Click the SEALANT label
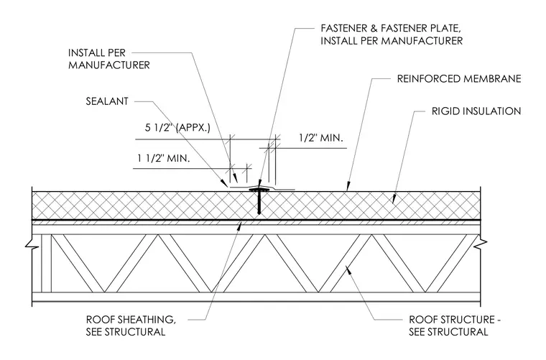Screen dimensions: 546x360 (x=107, y=101)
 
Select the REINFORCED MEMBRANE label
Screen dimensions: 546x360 (x=459, y=79)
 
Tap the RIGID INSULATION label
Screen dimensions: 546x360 (x=476, y=111)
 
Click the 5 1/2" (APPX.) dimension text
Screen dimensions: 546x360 (x=177, y=127)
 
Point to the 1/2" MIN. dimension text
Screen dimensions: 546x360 (x=320, y=138)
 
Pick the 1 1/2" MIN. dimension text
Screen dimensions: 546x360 (x=163, y=158)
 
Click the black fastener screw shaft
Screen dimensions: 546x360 (x=259, y=203)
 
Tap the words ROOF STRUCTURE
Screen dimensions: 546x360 (x=452, y=319)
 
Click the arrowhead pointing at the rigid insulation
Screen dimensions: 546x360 (x=394, y=200)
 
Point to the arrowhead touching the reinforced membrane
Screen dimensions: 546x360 (x=348, y=188)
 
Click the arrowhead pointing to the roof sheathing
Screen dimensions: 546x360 (x=239, y=226)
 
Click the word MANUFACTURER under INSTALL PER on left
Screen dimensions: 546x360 (x=109, y=65)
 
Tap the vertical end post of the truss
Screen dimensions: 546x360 (x=46, y=263)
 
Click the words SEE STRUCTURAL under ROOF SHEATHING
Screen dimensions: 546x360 (x=126, y=332)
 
